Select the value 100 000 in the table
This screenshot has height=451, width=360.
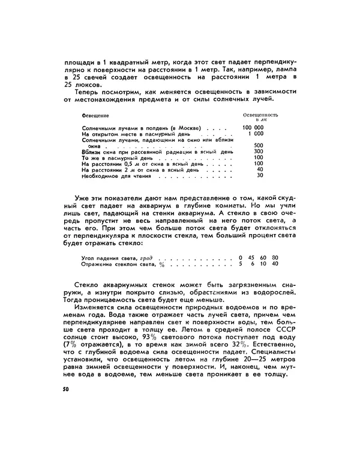tap(253, 128)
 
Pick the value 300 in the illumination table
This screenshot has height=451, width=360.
tap(259, 152)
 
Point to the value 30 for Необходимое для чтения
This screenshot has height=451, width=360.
tap(260, 175)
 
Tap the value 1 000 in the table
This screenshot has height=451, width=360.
tap(256, 134)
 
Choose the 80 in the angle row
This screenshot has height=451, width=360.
tap(275, 258)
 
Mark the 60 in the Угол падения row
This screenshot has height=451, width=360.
tap(263, 258)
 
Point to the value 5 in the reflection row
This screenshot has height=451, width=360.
tap(240, 264)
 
